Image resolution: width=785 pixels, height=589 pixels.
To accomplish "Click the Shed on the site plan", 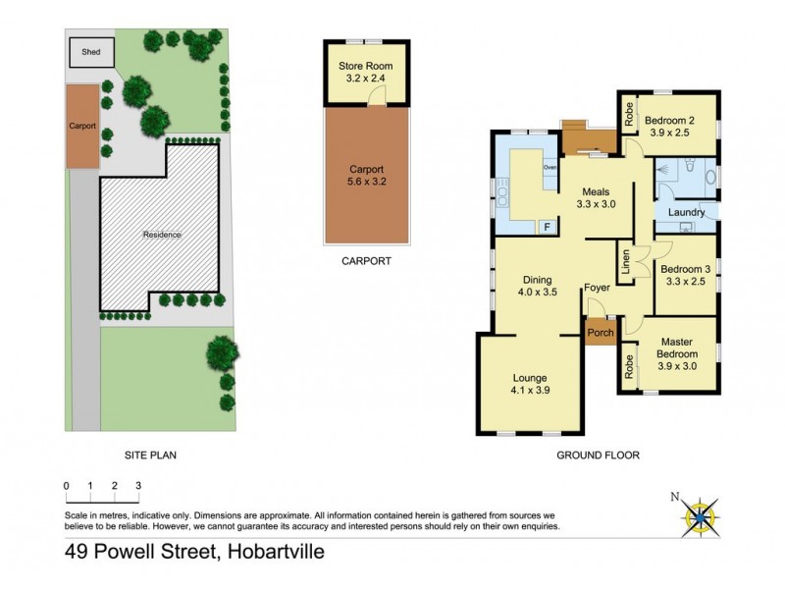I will pos(89,53).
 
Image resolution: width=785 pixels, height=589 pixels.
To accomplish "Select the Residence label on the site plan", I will pos(162,235).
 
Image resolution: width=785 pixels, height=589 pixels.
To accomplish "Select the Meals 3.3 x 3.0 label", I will pos(597,197).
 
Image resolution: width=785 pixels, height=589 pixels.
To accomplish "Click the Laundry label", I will pos(687,212).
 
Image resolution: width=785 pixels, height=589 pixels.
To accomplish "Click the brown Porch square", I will pos(600,333).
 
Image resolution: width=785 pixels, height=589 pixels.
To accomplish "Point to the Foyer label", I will pos(598,288).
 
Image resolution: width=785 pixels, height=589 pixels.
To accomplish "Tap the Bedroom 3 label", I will pos(685,275).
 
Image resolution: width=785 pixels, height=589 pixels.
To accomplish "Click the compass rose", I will pos(699,512).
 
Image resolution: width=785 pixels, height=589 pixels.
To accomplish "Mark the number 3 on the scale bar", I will pos(138,485).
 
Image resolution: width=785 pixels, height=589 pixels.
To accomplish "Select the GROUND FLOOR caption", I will pos(598,455).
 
